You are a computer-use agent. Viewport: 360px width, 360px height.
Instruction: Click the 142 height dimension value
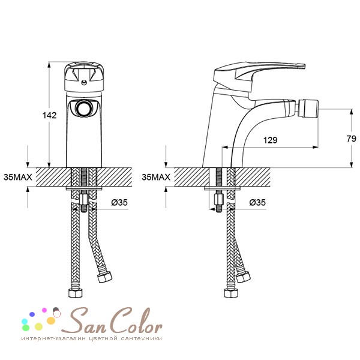[50, 115]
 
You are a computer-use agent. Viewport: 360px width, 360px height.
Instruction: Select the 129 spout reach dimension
[270, 140]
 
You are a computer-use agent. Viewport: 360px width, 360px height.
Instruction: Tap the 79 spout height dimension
[351, 139]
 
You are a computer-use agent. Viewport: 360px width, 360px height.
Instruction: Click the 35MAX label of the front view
[18, 177]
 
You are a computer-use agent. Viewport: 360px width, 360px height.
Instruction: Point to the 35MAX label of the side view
[156, 177]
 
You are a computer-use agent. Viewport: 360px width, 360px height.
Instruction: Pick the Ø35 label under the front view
[119, 202]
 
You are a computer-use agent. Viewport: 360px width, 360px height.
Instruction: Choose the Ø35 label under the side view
[257, 202]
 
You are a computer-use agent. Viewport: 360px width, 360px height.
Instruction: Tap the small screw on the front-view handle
[84, 82]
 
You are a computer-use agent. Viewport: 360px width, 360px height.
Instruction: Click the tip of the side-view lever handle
[304, 66]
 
